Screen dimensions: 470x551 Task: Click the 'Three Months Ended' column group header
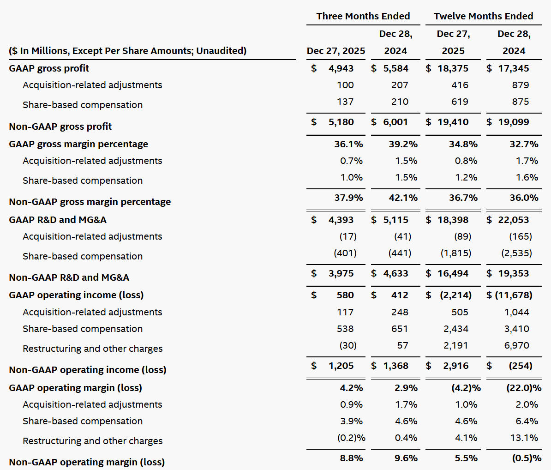(363, 16)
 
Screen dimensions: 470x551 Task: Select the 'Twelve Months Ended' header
(483, 16)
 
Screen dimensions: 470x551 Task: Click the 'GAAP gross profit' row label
(49, 68)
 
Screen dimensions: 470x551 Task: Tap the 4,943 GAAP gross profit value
(341, 68)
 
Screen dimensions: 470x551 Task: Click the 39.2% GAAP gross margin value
(403, 144)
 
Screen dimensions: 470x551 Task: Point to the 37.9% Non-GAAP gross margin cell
(348, 198)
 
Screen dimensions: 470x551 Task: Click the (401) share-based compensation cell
(345, 253)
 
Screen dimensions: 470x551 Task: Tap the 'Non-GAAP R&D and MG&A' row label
(69, 277)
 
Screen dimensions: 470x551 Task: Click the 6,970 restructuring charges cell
(517, 345)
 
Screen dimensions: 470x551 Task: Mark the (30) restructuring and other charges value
(348, 345)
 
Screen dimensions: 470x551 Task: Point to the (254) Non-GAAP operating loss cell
(521, 366)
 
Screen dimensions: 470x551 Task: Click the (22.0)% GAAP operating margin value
(524, 388)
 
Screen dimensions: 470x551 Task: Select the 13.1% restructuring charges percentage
(524, 438)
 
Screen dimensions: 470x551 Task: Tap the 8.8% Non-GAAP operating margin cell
(351, 458)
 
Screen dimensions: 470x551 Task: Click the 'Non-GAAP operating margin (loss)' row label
(87, 462)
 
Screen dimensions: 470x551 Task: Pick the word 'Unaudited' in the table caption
(221, 51)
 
